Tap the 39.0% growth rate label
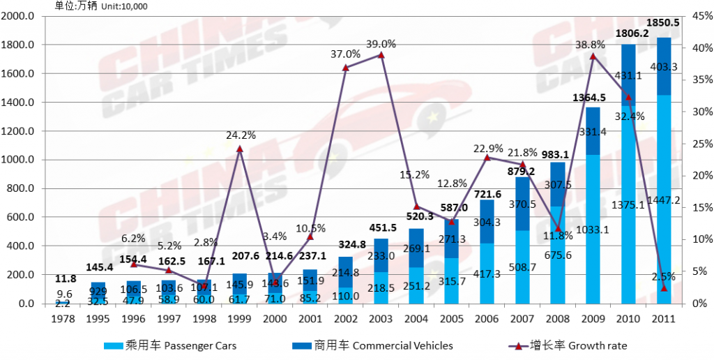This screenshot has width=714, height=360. (381, 43)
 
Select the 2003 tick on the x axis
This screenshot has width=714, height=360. (381, 318)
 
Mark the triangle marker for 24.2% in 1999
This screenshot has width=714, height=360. (240, 149)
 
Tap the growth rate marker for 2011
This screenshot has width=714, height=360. (664, 287)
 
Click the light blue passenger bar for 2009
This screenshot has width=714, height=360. (593, 230)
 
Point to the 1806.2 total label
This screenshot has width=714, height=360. (628, 33)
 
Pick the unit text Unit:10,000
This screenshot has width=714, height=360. (124, 6)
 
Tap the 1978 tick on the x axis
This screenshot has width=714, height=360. (63, 318)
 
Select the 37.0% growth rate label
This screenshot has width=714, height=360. (346, 54)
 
